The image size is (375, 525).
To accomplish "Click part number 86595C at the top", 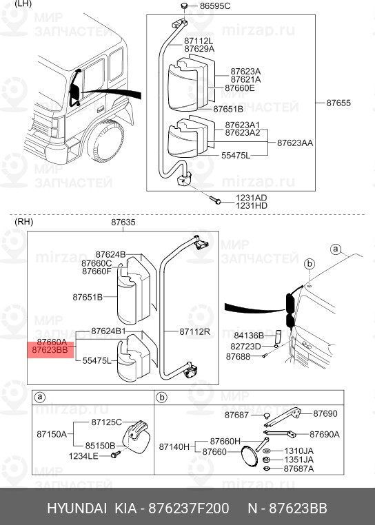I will [215, 6].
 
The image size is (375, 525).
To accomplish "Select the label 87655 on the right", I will [338, 103].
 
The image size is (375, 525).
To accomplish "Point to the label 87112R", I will [194, 331].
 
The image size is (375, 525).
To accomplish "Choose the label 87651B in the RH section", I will [88, 297].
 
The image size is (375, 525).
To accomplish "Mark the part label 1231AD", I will [250, 197].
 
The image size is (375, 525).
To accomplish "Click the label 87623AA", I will [295, 143].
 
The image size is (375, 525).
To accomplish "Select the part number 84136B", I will [249, 336].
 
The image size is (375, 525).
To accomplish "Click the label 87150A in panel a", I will [52, 434].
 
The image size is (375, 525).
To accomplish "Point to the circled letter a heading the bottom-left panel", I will [41, 397].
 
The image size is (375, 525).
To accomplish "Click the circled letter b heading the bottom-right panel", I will [161, 397].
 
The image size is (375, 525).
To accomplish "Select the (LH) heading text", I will [23, 4].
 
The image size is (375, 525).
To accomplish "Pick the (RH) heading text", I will [23, 223].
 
